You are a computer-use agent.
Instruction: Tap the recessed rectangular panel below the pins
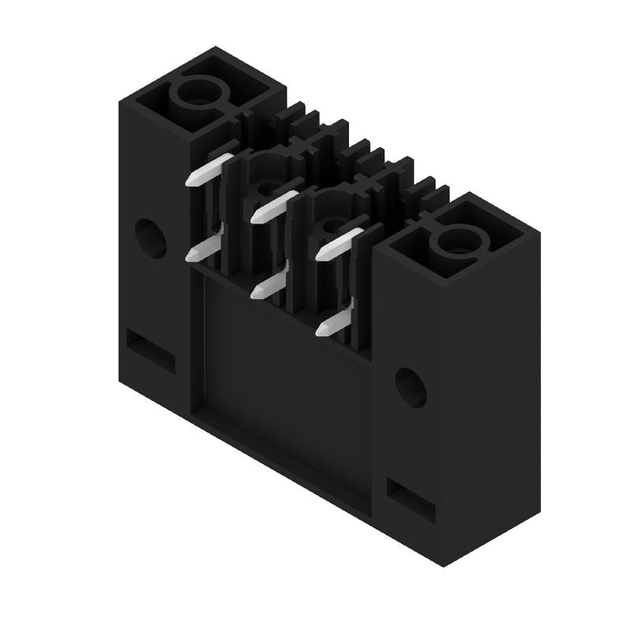tap(280, 378)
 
